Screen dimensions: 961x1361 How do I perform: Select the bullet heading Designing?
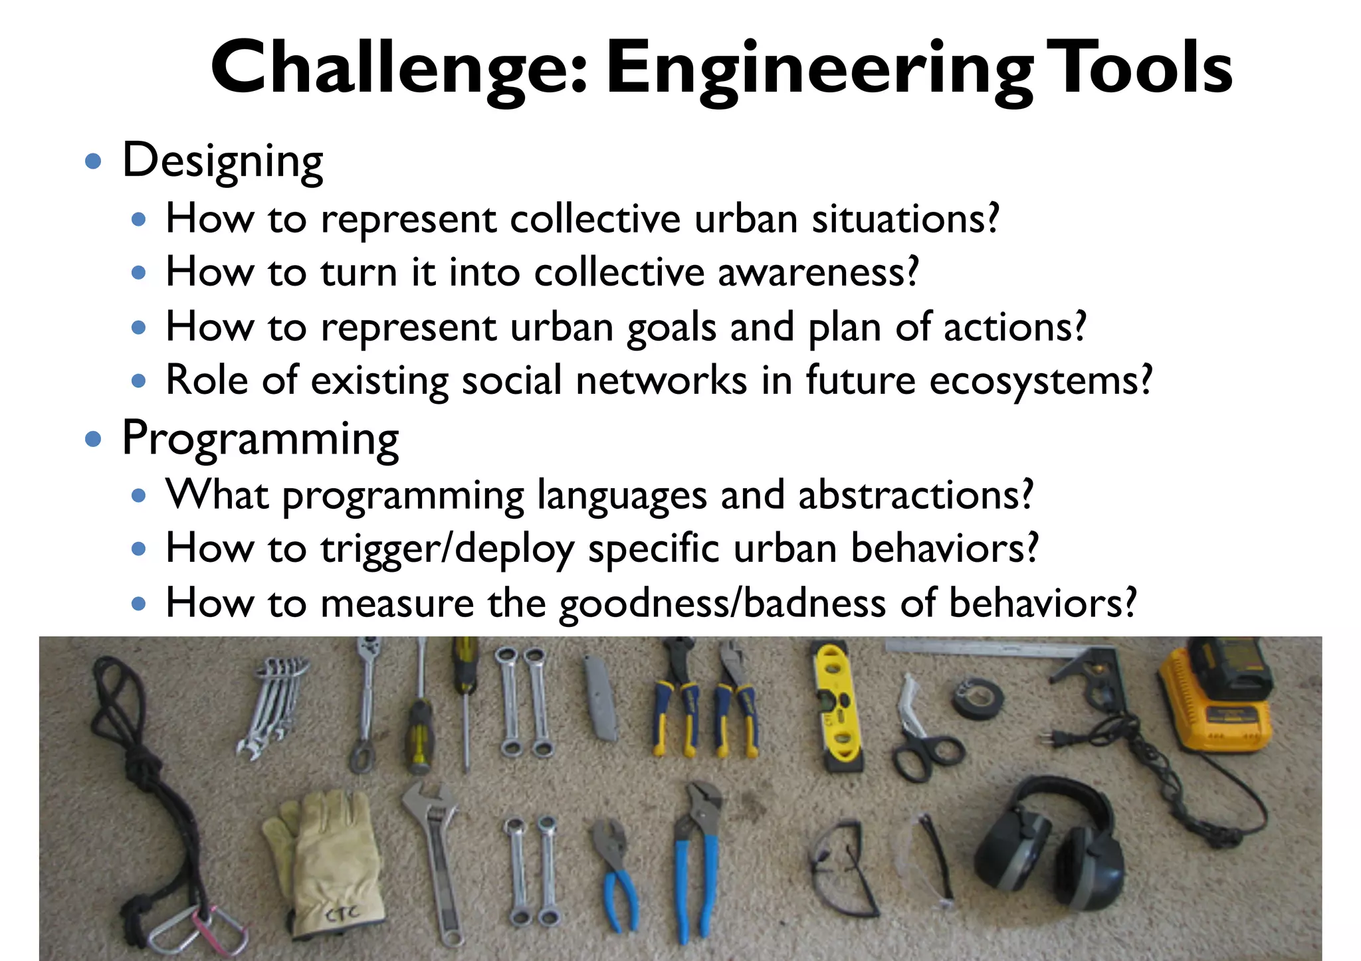pos(223,161)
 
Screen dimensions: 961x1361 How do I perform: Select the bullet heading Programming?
pos(260,439)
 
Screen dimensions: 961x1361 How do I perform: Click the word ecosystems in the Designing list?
pos(1040,381)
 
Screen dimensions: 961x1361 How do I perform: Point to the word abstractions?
pos(916,495)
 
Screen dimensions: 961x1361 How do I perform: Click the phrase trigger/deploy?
pos(447,549)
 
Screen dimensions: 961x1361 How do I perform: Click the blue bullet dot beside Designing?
pos(94,161)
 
